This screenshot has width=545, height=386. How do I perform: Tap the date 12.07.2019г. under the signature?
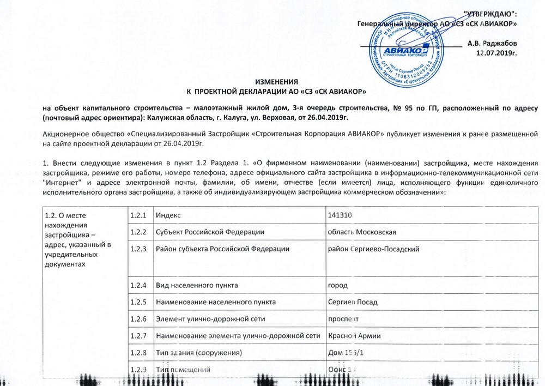click(x=496, y=53)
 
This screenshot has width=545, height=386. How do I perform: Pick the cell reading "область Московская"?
click(x=361, y=232)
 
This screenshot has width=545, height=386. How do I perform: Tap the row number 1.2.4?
click(x=138, y=285)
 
